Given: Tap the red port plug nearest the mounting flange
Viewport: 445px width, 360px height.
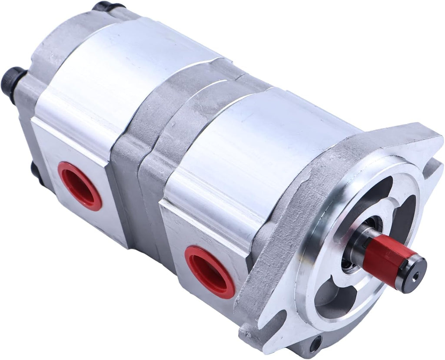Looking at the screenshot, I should (x=209, y=270).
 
